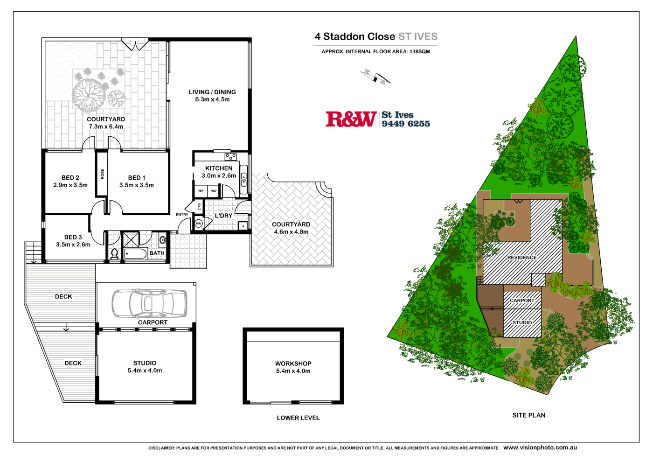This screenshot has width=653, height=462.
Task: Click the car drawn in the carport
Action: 149,303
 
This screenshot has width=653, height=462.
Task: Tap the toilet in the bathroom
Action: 114,253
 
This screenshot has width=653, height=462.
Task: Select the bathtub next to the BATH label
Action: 136,254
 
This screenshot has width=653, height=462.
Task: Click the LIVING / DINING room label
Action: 212,92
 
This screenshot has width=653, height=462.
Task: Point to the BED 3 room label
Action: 73,237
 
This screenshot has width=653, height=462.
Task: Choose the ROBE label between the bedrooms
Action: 103,174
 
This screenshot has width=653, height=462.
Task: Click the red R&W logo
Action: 351,119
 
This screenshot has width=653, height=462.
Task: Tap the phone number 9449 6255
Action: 406,124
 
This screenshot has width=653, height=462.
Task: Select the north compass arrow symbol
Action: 375,77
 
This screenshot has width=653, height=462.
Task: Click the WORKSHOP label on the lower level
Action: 293,364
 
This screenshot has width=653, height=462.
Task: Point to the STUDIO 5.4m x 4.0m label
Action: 145,367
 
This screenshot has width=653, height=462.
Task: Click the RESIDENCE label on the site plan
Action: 522,258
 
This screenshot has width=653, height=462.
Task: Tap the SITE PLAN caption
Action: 528,415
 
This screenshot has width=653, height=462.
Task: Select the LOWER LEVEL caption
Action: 298,418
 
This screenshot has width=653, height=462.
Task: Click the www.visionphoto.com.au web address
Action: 540,448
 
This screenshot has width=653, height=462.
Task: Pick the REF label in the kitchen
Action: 201,191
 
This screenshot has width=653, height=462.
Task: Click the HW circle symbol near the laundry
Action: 198,224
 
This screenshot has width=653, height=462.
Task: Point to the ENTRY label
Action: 182,215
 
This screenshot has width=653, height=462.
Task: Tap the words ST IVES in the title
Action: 417,36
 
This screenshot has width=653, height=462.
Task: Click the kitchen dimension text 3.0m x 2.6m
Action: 219,176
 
